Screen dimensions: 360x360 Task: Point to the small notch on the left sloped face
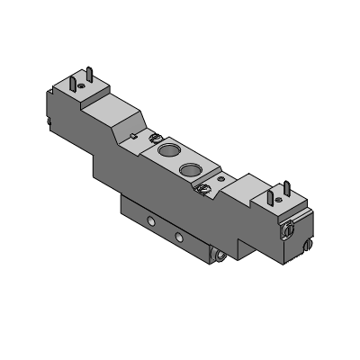click(134, 136)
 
